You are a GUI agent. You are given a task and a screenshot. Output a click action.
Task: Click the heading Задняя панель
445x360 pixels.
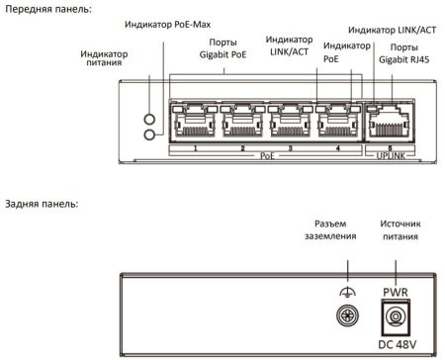42,205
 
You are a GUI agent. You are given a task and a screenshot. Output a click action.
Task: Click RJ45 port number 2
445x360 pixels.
243,123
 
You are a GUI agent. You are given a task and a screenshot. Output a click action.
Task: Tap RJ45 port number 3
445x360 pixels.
291,123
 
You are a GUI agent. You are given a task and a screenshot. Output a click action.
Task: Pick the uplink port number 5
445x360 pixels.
389,123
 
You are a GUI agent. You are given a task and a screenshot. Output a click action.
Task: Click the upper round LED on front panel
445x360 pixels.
148,114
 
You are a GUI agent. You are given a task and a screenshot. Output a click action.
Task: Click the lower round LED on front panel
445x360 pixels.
148,133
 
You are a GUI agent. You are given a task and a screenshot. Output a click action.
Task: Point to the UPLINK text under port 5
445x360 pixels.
389,155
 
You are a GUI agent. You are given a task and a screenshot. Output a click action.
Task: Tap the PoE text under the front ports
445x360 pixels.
267,155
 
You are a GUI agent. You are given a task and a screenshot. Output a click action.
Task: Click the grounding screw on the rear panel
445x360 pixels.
347,315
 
